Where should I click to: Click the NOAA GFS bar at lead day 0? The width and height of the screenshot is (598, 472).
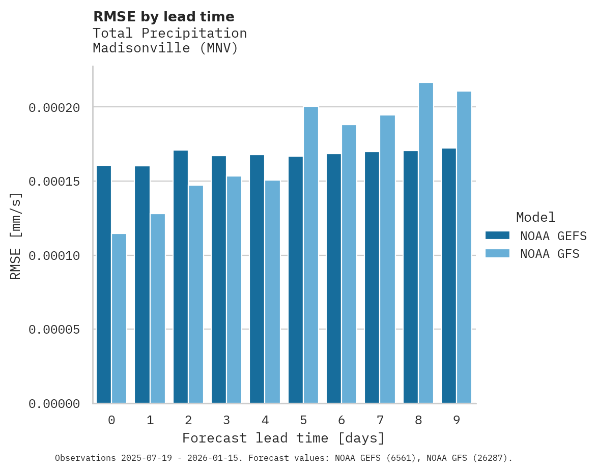coord(119,318)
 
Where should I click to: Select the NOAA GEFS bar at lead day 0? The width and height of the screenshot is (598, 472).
coord(104,284)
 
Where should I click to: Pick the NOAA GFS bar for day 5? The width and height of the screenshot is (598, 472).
coord(311,255)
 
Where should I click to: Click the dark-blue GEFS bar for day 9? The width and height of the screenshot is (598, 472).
coord(449,276)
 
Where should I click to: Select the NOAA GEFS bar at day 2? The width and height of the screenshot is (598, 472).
coord(181,277)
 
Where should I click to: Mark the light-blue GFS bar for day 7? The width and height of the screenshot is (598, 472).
coord(387,259)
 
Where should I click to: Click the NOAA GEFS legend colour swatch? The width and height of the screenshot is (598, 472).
coord(497,235)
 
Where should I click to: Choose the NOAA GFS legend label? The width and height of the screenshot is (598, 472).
coord(550,254)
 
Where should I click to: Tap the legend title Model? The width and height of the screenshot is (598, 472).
coord(535,217)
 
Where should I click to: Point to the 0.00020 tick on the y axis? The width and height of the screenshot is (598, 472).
coord(54,108)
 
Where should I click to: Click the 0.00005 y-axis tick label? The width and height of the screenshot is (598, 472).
coord(54,330)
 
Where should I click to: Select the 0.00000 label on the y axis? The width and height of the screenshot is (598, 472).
coord(54,404)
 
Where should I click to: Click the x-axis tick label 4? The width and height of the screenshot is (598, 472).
coord(265,421)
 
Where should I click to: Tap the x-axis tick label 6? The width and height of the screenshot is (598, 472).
coord(341,421)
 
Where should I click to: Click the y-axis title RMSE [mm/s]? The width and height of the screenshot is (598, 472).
coord(16,235)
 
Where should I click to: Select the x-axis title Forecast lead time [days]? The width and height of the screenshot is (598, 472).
coord(283,438)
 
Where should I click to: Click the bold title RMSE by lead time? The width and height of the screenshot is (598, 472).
coord(163,17)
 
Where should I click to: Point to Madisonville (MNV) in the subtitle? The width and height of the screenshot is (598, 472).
coord(165,48)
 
